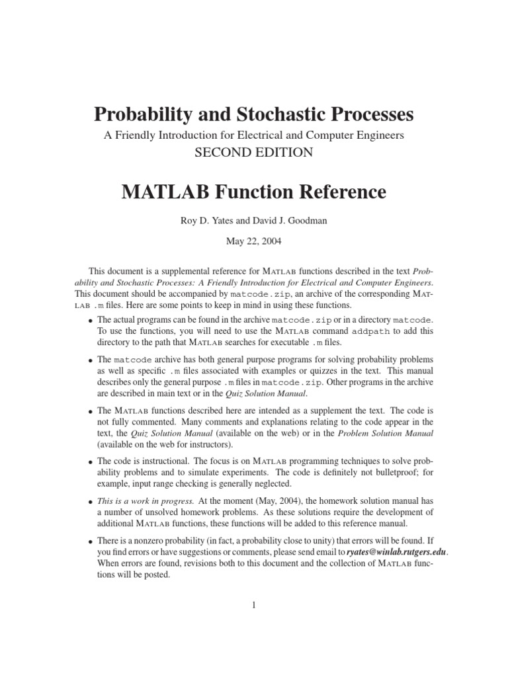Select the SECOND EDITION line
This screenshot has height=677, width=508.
tap(253, 152)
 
